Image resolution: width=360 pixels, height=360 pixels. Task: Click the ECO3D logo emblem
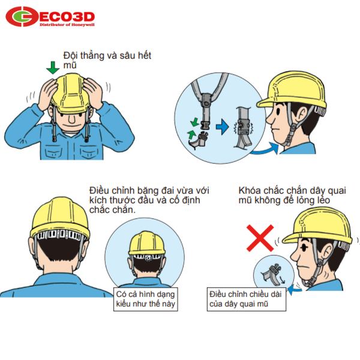(22, 17)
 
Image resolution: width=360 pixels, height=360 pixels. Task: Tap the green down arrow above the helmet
(53, 68)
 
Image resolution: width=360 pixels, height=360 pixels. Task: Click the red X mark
(260, 238)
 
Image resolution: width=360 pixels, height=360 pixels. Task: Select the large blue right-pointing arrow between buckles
(222, 127)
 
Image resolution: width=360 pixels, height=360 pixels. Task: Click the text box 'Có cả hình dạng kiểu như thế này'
(146, 299)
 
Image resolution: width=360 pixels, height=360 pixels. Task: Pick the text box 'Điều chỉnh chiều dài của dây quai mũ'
(247, 299)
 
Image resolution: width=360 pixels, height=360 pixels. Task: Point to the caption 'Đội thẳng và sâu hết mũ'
(107, 60)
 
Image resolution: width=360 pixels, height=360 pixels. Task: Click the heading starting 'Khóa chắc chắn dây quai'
(292, 196)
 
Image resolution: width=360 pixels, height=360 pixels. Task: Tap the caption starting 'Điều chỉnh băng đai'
(149, 200)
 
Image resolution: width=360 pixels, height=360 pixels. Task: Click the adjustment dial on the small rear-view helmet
(149, 258)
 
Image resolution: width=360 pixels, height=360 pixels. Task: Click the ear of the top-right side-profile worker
(302, 114)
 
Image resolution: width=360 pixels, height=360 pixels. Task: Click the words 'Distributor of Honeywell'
(67, 25)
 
